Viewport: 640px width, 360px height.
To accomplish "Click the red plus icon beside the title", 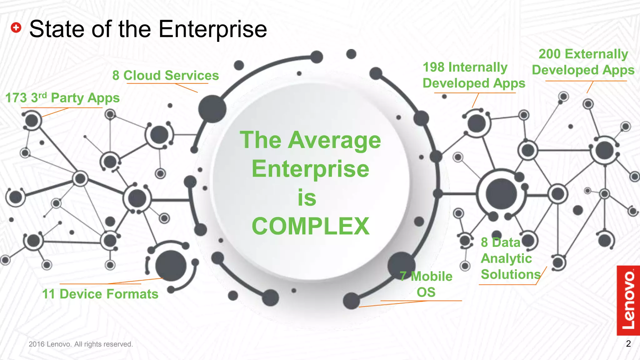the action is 16,28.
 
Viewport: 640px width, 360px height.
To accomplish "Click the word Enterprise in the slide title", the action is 213,29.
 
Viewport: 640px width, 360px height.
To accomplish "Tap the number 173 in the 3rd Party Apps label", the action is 16,98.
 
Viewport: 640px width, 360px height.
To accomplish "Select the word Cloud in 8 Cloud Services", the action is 142,75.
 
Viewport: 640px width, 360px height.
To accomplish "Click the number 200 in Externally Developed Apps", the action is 550,54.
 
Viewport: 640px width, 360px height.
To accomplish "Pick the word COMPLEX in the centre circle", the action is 310,226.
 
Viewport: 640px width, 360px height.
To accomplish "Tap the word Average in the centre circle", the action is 334,140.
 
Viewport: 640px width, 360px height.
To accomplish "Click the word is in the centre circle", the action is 307,197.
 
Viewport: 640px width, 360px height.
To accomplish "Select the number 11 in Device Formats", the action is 49,294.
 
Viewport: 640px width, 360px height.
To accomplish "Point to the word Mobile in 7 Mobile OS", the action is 431,276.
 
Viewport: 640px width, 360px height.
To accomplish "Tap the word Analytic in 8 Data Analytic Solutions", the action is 506,258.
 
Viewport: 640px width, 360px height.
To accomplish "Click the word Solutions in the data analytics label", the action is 511,274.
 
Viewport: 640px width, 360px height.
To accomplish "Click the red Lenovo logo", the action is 628,300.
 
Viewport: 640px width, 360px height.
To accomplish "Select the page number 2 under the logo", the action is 628,344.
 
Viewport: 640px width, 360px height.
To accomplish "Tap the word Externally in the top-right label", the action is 596,54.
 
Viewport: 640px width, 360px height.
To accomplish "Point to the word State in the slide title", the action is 57,29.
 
